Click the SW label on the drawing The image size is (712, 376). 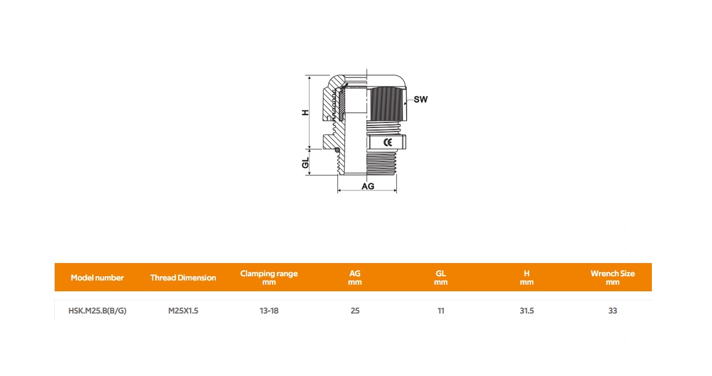[420, 99]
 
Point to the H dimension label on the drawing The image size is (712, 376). [305, 112]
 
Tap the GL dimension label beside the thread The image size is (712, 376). [305, 163]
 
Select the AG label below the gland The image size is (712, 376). [368, 186]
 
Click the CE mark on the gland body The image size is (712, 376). [387, 142]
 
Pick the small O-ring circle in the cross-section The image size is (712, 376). [337, 150]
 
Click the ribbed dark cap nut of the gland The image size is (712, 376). [385, 104]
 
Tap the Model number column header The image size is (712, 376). [97, 277]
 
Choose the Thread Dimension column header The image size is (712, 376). [183, 277]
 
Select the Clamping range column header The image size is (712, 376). [269, 277]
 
